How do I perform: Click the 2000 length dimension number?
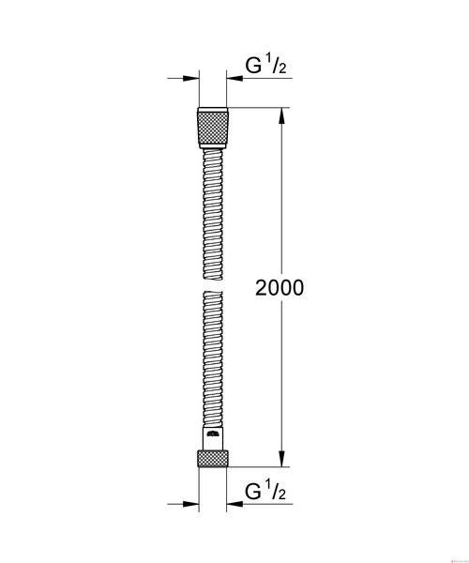[x=280, y=288]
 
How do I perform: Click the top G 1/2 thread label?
[x=265, y=66]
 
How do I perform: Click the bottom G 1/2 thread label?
[x=265, y=491]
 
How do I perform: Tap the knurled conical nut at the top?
[x=213, y=128]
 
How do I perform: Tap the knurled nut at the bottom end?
[x=213, y=459]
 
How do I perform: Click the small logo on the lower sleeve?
[x=213, y=434]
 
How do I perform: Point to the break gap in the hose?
[x=213, y=286]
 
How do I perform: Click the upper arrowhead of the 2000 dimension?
[x=282, y=115]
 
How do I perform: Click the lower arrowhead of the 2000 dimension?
[x=282, y=459]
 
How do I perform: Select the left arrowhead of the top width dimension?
[x=191, y=78]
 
